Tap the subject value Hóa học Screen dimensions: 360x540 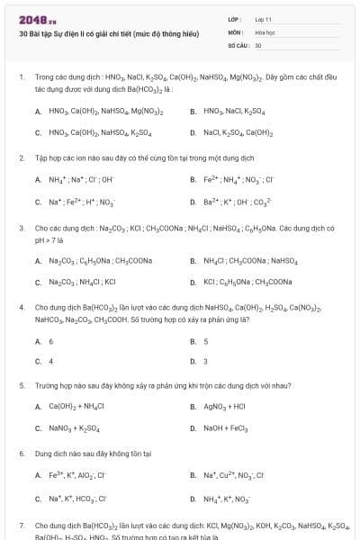click(265, 31)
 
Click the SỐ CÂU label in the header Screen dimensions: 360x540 click(238, 44)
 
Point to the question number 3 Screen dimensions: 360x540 click(21, 229)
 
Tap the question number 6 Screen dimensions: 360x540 click(21, 454)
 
